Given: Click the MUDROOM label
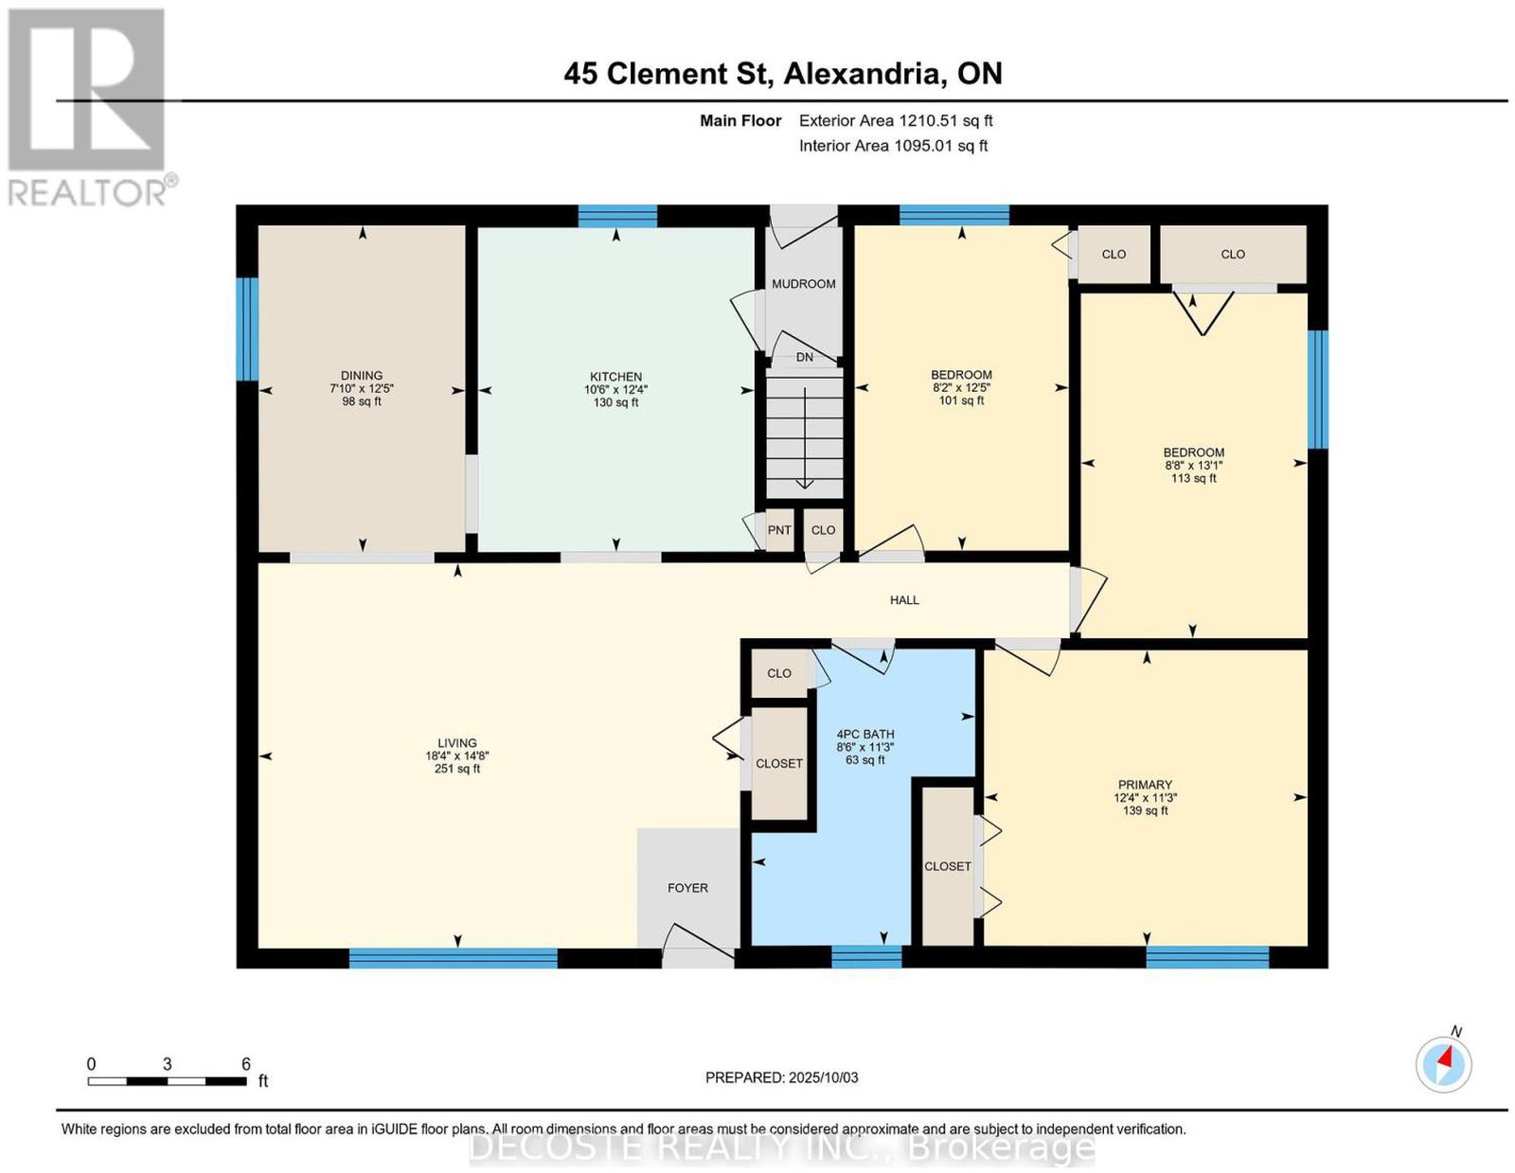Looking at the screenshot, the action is (803, 284).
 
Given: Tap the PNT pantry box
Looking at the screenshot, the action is (779, 530).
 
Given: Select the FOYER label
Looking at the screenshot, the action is (687, 887).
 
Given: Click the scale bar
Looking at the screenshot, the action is (168, 1081).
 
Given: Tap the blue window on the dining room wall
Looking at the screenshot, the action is (247, 329).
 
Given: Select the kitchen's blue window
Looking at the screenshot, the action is (617, 216).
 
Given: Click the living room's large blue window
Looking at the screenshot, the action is (454, 958).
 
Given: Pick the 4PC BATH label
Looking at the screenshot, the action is (865, 734).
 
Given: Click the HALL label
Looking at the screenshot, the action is (904, 599).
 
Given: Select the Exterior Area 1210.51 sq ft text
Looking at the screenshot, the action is (896, 120).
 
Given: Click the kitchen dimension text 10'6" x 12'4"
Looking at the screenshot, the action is (616, 390).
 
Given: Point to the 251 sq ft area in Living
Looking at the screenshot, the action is (457, 769).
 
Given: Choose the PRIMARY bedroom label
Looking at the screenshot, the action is (1144, 785).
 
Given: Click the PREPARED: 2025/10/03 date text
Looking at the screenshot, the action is (781, 1077).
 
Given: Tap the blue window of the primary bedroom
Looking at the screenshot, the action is (1207, 958).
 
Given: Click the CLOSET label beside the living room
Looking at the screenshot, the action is (778, 763).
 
